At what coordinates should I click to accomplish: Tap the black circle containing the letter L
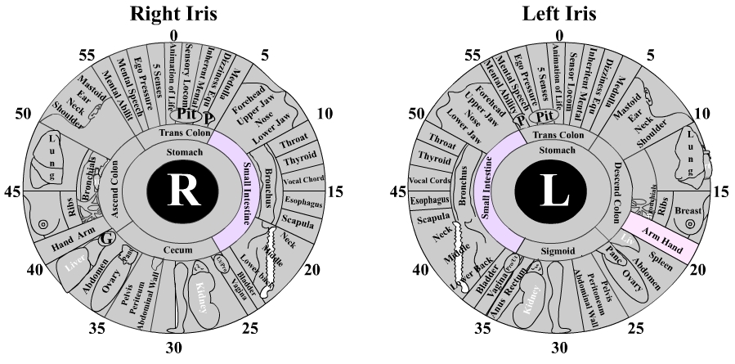pos(558,191)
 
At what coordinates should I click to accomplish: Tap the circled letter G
pos(105,240)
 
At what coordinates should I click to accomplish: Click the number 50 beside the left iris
pos(418,114)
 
